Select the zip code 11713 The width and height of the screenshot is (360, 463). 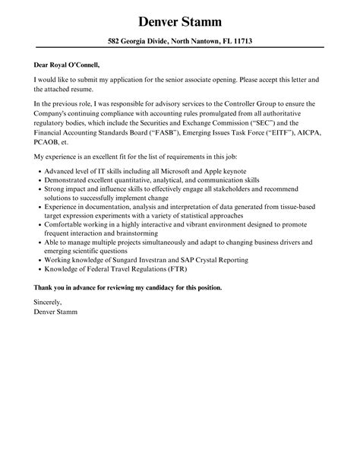pos(239,41)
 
